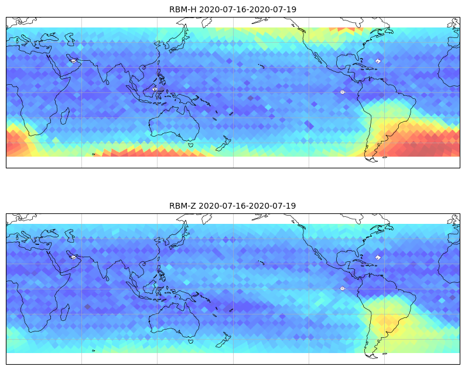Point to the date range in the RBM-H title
[x=248, y=9]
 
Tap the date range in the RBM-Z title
[x=247, y=206]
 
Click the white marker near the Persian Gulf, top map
[x=73, y=61]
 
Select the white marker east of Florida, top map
[x=378, y=61]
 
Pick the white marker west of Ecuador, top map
[x=343, y=92]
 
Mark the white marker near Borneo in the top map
[x=155, y=89]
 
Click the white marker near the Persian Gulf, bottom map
[x=73, y=257]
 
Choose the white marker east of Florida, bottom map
[x=378, y=257]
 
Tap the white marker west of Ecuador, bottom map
[x=343, y=288]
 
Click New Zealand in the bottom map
[x=224, y=340]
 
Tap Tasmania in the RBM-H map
[x=191, y=145]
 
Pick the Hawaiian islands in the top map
[x=261, y=66]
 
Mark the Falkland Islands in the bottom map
[x=385, y=354]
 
